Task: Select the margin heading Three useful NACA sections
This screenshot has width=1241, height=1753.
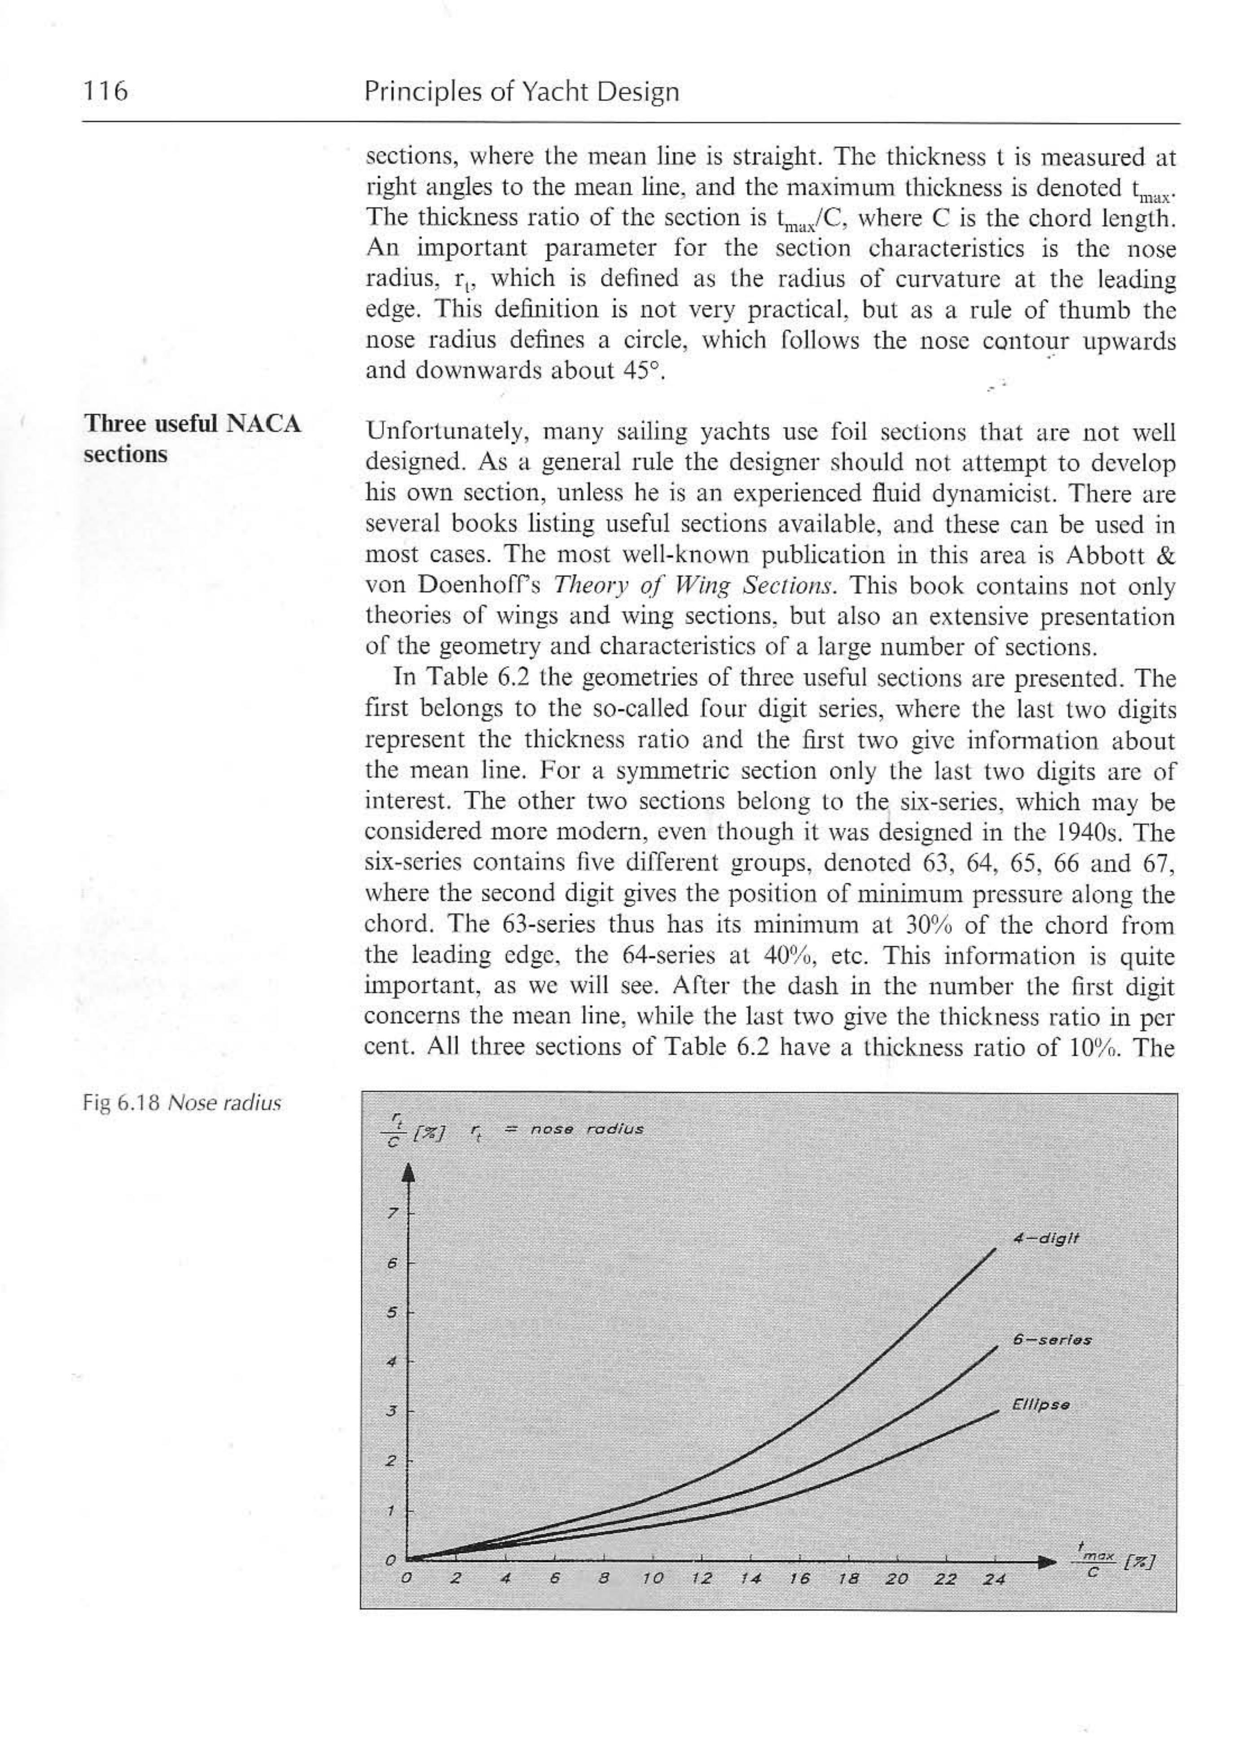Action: point(192,439)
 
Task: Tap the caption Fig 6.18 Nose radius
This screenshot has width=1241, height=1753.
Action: point(181,1103)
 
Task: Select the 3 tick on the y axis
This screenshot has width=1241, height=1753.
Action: point(392,1410)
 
